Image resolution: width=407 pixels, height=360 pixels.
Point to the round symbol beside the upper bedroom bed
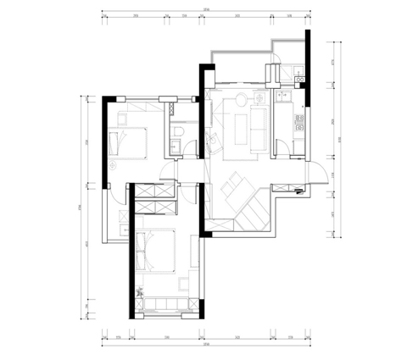pyautogui.click(x=113, y=167)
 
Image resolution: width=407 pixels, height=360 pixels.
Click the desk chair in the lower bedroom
pyautogui.click(x=181, y=280)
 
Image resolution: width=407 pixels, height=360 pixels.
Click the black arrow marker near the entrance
pyautogui.click(x=298, y=192)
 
